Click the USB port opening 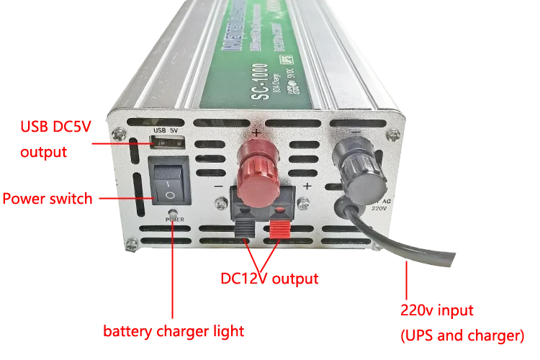pos(167,143)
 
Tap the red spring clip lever pos(281,229)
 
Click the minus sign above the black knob pos(355,132)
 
